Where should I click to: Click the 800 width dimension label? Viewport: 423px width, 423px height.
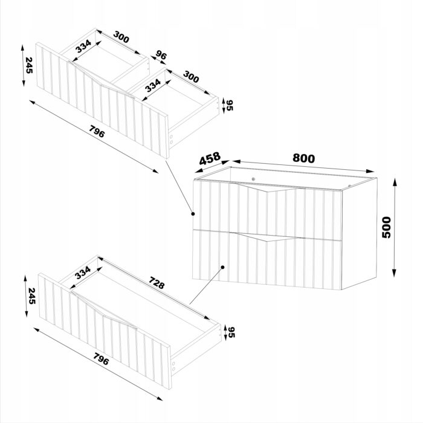tap(303, 158)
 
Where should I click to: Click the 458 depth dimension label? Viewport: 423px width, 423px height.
tap(210, 158)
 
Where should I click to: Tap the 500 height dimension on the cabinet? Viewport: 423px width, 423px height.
tap(386, 227)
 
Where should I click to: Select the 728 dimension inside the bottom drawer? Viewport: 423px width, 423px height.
tap(157, 282)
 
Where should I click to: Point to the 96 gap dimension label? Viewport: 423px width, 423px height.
tap(161, 56)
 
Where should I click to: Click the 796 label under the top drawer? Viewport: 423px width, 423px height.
tap(97, 132)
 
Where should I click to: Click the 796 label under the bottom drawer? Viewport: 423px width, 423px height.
tap(101, 359)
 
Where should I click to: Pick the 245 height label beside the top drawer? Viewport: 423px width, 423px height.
tap(29, 65)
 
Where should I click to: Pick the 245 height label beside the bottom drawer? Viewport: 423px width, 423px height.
tap(32, 296)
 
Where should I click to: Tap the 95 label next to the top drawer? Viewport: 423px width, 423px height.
tap(230, 105)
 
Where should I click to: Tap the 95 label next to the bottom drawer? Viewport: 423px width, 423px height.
tap(231, 332)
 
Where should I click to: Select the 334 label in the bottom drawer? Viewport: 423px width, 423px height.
tap(83, 273)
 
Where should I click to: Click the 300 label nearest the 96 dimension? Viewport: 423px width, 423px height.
tap(121, 37)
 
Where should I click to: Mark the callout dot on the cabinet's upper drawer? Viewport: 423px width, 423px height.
tap(193, 214)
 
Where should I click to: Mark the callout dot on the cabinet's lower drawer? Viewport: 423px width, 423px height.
tap(222, 267)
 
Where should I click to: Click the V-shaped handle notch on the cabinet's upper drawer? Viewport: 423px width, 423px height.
tap(267, 188)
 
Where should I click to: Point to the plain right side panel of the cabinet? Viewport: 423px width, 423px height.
tap(359, 234)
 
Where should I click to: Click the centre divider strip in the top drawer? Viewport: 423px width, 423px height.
tap(129, 75)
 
